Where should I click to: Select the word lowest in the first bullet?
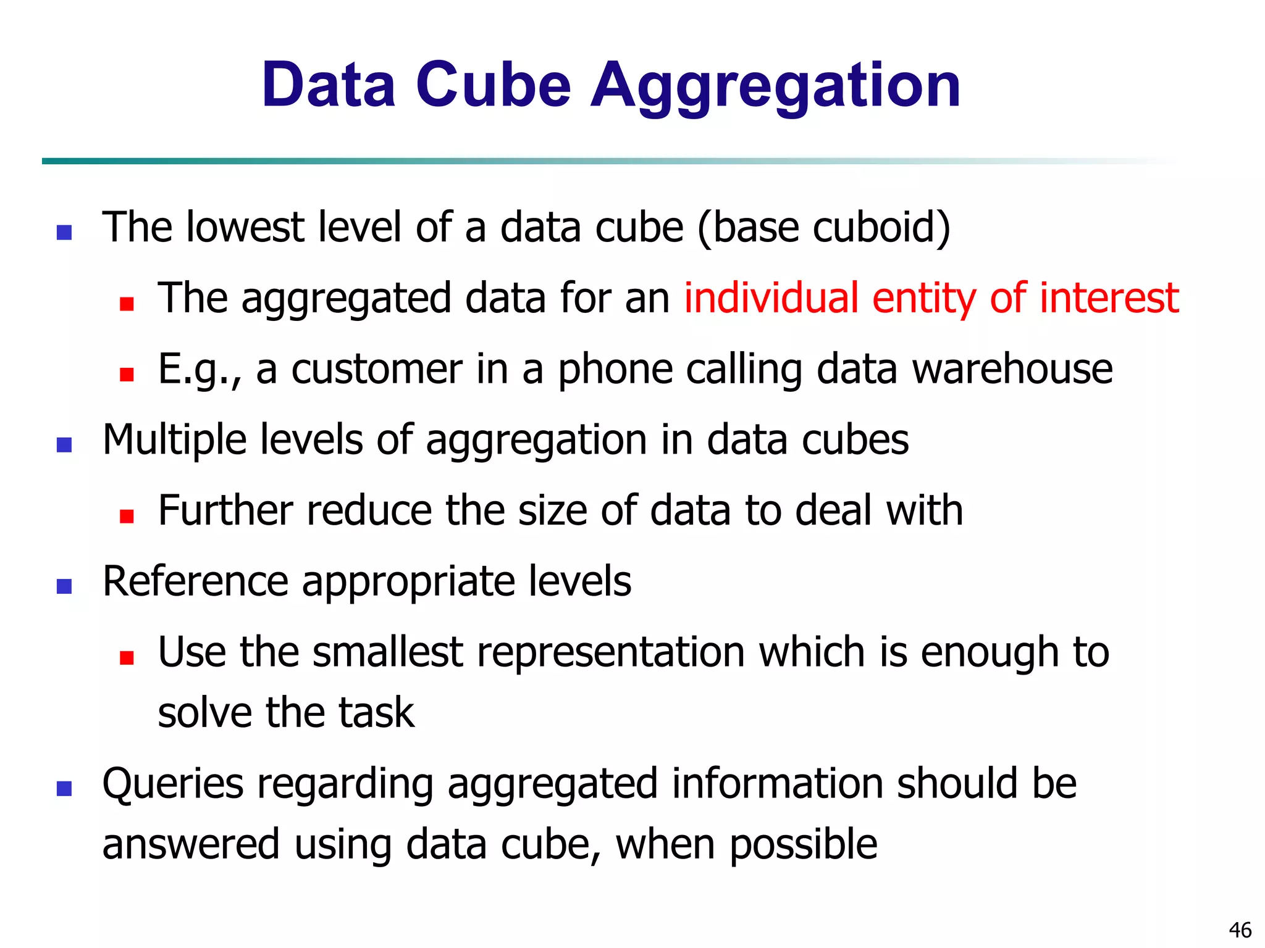(245, 227)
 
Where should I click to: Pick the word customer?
(376, 369)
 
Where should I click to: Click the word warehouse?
(1013, 369)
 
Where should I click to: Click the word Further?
(225, 511)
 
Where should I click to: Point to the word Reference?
(195, 582)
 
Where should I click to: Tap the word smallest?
(388, 652)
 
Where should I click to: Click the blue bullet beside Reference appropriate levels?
(64, 586)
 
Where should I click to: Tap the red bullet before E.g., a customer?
(127, 375)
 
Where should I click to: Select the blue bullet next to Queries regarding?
(64, 788)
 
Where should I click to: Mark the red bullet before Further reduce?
(127, 516)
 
